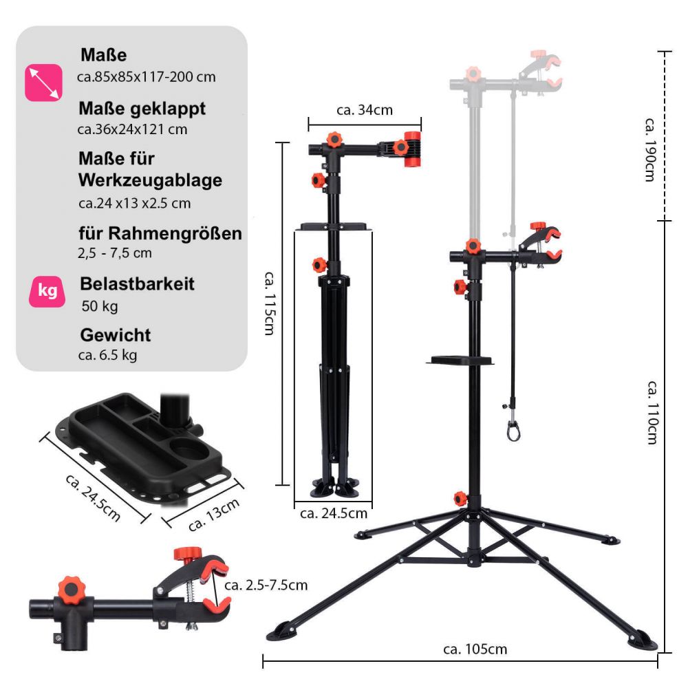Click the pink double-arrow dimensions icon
[43, 83]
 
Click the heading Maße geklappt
[142, 109]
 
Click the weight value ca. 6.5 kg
[108, 355]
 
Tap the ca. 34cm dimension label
[364, 110]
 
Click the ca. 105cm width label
[475, 649]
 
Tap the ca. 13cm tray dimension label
[214, 514]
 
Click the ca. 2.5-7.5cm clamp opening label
[266, 585]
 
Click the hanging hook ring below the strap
[513, 431]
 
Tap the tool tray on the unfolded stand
[460, 360]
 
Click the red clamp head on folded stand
[411, 149]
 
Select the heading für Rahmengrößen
[160, 233]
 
